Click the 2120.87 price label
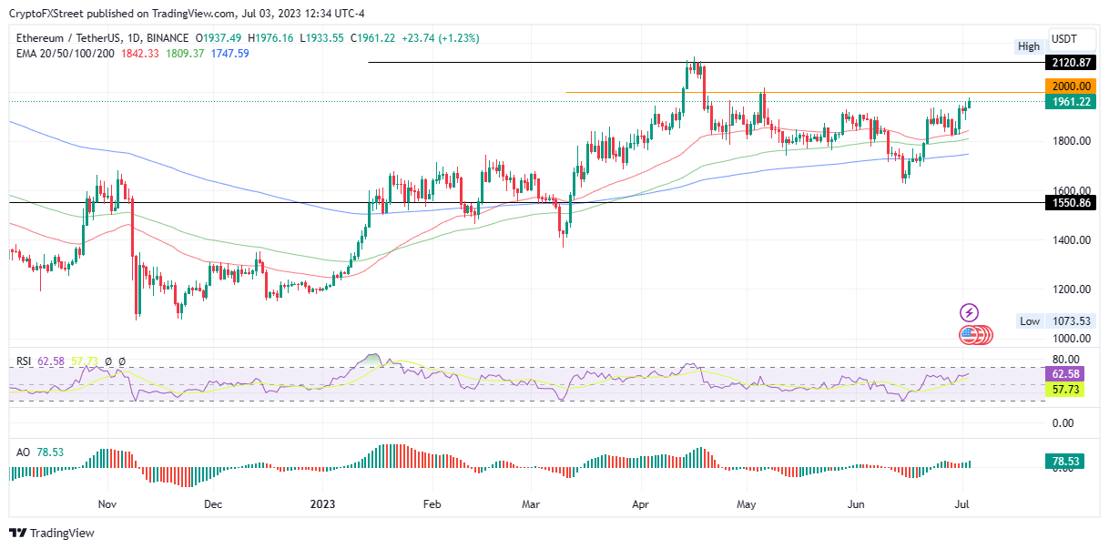(x=1071, y=63)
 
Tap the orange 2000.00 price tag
(x=1071, y=86)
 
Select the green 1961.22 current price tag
(x=1071, y=101)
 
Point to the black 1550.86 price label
(x=1071, y=203)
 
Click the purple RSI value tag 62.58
(x=1071, y=373)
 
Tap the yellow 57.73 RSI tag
(x=1071, y=389)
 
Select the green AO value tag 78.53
(x=1071, y=463)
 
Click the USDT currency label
(x=1063, y=38)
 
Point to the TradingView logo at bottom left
(x=52, y=534)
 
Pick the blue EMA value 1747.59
(x=229, y=54)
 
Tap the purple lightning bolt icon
(x=969, y=312)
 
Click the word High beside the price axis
(x=1029, y=46)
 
